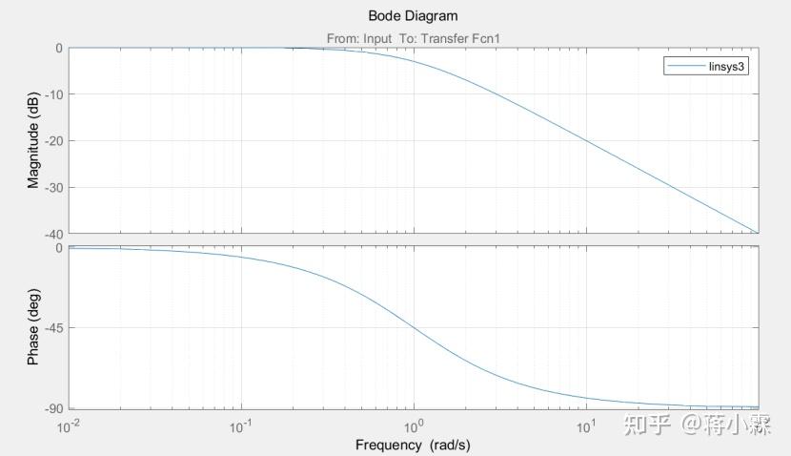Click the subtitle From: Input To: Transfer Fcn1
413,38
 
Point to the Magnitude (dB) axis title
33,140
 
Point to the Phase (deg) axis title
33,328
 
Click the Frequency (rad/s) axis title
413,445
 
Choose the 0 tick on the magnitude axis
58,48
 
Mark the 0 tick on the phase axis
58,248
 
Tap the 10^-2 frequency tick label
69,425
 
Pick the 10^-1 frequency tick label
241,425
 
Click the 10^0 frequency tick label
414,425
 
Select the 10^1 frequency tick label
586,425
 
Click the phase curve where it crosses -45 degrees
414,328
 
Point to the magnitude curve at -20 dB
586,140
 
